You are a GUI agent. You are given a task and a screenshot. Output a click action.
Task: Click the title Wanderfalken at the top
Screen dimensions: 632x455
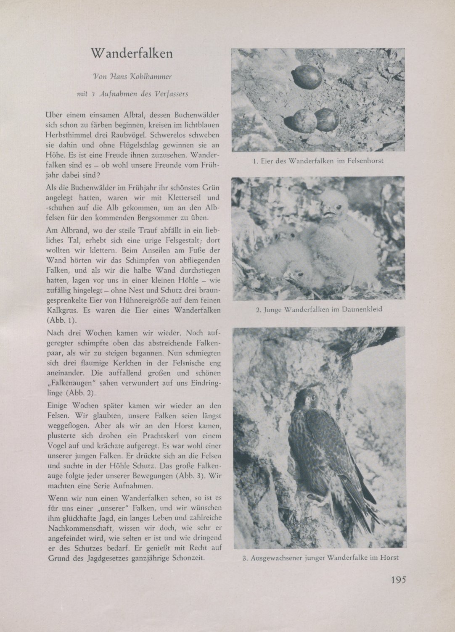(x=132, y=54)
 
